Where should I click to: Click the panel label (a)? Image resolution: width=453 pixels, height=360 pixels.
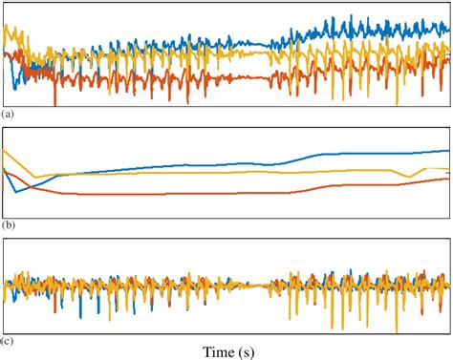9,114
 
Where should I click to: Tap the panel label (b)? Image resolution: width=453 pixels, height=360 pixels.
9,226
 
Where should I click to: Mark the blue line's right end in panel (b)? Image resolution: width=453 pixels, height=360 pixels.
447,150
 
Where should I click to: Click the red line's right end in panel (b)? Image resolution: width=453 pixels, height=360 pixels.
447,179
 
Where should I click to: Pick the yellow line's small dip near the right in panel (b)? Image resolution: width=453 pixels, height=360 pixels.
410,177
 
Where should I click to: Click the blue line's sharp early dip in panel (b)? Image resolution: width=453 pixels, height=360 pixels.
15,192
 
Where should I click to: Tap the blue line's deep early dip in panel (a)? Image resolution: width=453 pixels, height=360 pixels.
13,91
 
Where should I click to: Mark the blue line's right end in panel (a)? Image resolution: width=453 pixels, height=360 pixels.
447,29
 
